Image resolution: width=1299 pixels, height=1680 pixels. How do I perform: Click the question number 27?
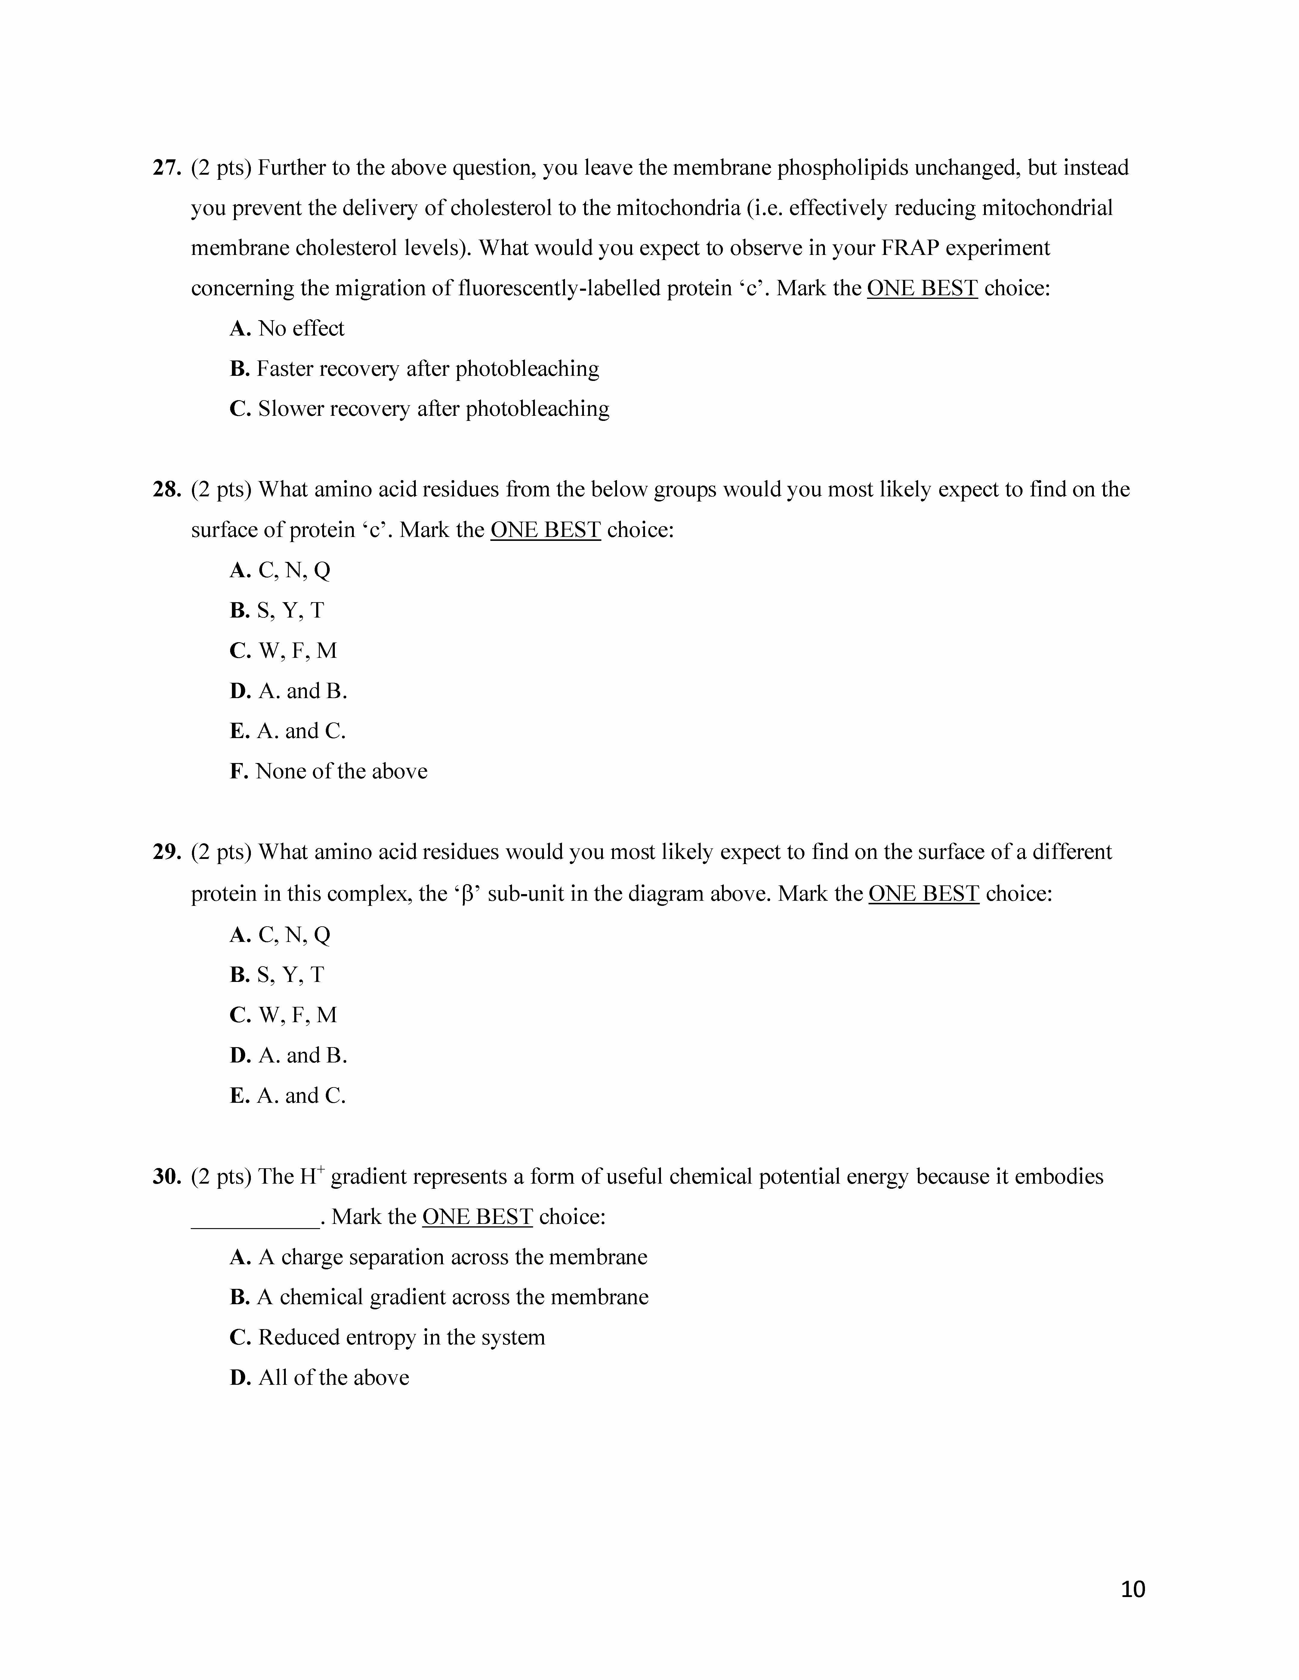coord(166,168)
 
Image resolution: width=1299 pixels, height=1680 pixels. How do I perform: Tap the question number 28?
coord(166,489)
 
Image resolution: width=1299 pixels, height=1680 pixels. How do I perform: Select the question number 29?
coord(166,852)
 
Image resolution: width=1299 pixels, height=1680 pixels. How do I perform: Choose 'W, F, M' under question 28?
coord(297,651)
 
